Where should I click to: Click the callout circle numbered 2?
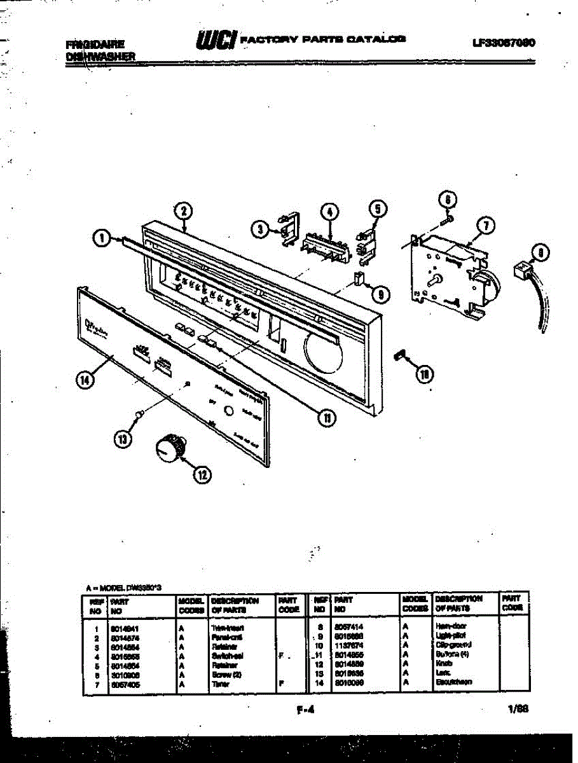pyautogui.click(x=182, y=211)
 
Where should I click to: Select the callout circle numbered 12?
pyautogui.click(x=203, y=474)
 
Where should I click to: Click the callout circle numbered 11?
pyautogui.click(x=326, y=418)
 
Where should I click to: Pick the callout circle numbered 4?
pyautogui.click(x=330, y=211)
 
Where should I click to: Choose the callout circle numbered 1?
pyautogui.click(x=100, y=238)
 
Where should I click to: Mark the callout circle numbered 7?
pyautogui.click(x=485, y=225)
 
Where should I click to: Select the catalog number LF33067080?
pyautogui.click(x=502, y=43)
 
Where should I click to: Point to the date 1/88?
pyautogui.click(x=518, y=709)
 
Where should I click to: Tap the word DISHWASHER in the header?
pyautogui.click(x=100, y=56)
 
